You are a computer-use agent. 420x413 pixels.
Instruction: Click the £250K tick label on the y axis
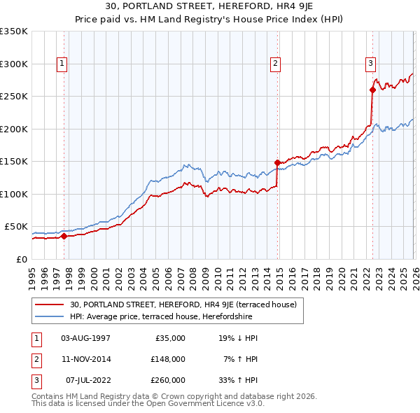pyautogui.click(x=14, y=97)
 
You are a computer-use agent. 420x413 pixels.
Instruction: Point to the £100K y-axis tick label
pyautogui.click(x=14, y=194)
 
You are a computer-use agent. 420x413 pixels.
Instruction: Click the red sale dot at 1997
pyautogui.click(x=64, y=236)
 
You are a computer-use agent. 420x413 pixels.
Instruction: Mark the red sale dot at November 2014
pyautogui.click(x=277, y=162)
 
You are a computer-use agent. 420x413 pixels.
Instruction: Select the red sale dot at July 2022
pyautogui.click(x=372, y=90)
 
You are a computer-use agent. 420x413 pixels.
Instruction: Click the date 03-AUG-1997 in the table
pyautogui.click(x=85, y=338)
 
